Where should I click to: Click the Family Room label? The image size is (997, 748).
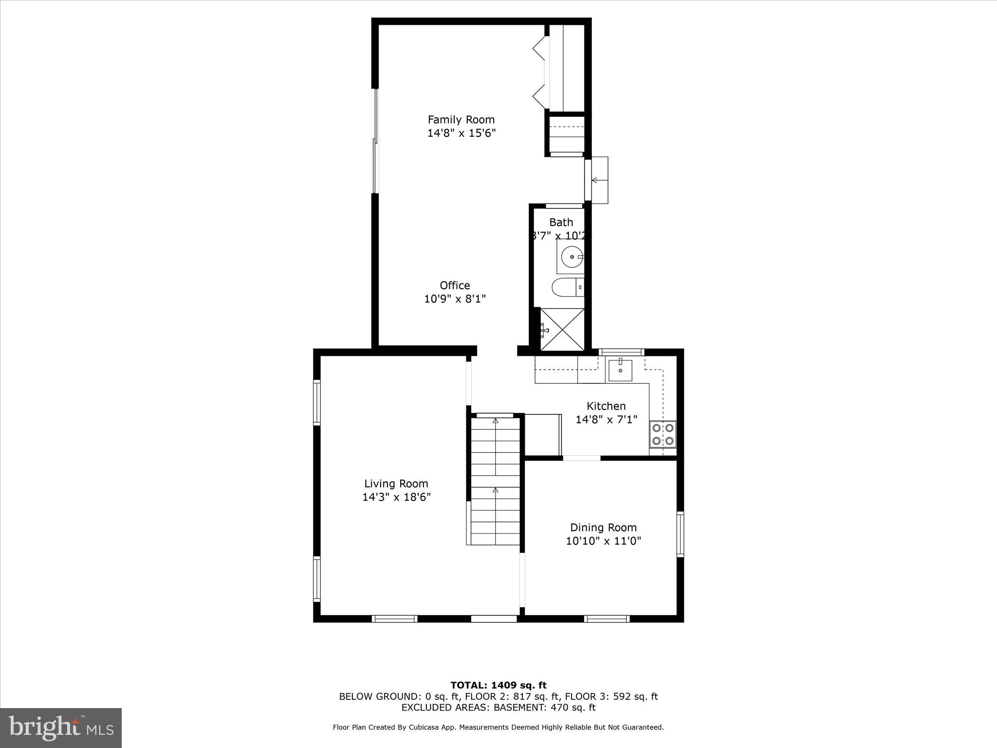(x=461, y=119)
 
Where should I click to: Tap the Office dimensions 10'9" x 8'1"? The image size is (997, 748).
(x=455, y=299)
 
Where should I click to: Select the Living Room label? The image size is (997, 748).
(x=396, y=484)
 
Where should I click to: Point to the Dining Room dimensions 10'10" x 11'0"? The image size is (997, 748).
(x=603, y=541)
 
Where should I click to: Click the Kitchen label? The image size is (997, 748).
(x=606, y=406)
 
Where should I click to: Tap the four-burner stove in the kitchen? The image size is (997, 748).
(x=663, y=434)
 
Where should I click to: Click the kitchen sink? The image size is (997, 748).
(x=620, y=370)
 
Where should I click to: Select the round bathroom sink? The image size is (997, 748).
(x=571, y=257)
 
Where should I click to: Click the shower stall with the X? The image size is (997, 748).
(x=562, y=329)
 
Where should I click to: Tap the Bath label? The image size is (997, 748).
(x=561, y=222)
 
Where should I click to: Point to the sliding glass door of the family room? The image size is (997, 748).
(x=375, y=141)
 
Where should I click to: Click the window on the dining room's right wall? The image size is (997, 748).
(x=680, y=534)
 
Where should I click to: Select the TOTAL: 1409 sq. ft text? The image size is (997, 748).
(x=498, y=686)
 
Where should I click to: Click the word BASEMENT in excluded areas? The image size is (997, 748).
(x=517, y=708)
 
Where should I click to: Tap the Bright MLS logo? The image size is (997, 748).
(x=61, y=728)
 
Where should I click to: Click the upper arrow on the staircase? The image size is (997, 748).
(x=496, y=421)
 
